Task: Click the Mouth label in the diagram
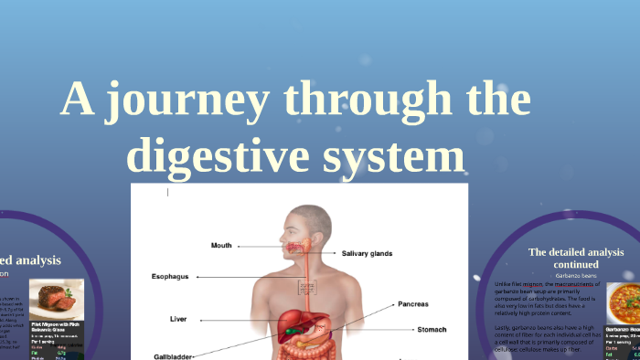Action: (x=221, y=245)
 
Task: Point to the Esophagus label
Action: (x=170, y=276)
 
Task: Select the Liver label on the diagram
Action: (x=178, y=319)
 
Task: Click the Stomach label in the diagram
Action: (x=432, y=328)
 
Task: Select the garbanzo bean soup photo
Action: (x=626, y=302)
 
